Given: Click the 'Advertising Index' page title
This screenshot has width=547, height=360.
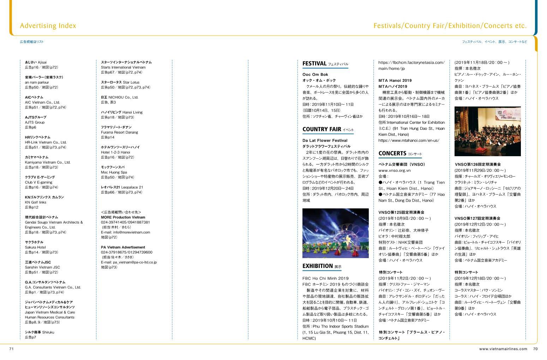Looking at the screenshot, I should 48,26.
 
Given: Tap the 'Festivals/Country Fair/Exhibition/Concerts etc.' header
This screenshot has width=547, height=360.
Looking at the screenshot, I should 450,26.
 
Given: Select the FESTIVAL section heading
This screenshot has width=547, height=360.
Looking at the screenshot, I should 314,63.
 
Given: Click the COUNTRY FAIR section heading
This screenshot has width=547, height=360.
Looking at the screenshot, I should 321,129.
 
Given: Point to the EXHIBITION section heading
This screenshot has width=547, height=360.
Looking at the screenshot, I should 318,266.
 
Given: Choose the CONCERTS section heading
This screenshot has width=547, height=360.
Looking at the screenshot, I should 392,153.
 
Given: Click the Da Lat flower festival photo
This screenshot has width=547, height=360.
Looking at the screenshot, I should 335,233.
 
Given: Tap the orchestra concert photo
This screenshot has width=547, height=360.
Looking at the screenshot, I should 487,131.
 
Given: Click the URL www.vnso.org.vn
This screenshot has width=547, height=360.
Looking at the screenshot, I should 394,170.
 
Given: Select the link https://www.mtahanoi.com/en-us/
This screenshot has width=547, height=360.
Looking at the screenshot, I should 409,140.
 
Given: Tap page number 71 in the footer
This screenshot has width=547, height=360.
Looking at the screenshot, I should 11,349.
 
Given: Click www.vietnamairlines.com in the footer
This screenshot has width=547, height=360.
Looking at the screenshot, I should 503,349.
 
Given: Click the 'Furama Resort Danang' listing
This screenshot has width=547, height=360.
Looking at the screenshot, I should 119,132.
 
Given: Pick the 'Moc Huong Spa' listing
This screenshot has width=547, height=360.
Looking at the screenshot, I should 114,172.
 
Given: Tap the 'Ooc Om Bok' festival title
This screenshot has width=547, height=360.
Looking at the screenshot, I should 315,74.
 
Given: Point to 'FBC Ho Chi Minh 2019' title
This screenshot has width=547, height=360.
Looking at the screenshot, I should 325,278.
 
